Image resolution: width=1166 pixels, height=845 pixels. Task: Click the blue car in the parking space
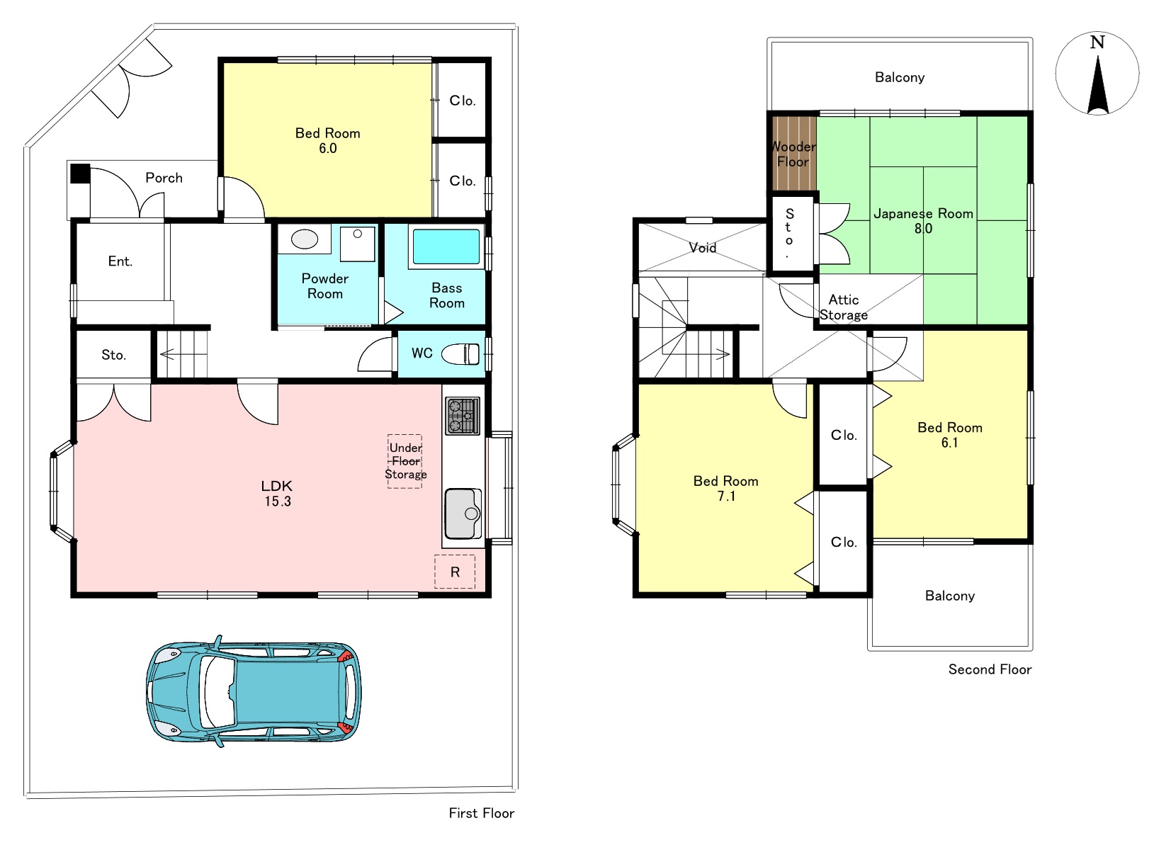pos(254,691)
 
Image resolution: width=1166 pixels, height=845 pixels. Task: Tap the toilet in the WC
pos(460,354)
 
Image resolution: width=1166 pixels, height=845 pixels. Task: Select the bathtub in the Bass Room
pos(446,246)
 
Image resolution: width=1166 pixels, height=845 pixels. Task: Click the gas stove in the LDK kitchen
pos(463,416)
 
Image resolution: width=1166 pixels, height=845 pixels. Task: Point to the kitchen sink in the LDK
pos(463,514)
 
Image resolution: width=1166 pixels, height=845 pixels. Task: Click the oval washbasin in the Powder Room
pos(305,239)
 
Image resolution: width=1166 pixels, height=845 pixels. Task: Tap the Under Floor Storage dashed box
pos(405,461)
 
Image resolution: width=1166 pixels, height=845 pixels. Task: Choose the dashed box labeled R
pos(455,572)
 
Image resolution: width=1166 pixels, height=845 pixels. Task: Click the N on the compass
pos(1097,42)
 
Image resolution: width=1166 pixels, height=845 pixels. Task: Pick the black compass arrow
pos(1098,86)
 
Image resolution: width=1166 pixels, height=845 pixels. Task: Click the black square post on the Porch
pos(80,174)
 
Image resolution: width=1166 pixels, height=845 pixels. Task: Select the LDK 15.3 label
pos(277,493)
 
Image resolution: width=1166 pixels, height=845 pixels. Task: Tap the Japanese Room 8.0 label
pos(924,220)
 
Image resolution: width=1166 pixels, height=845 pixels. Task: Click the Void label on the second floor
pos(703,248)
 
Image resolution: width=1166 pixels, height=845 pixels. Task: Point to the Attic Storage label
pos(844,307)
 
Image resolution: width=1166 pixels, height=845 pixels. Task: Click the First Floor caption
pos(482,812)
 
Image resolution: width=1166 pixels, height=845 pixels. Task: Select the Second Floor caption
pos(990,669)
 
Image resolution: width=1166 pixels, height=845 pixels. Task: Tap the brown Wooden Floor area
pos(793,154)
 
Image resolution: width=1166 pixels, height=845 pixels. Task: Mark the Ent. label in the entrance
pos(120,261)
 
